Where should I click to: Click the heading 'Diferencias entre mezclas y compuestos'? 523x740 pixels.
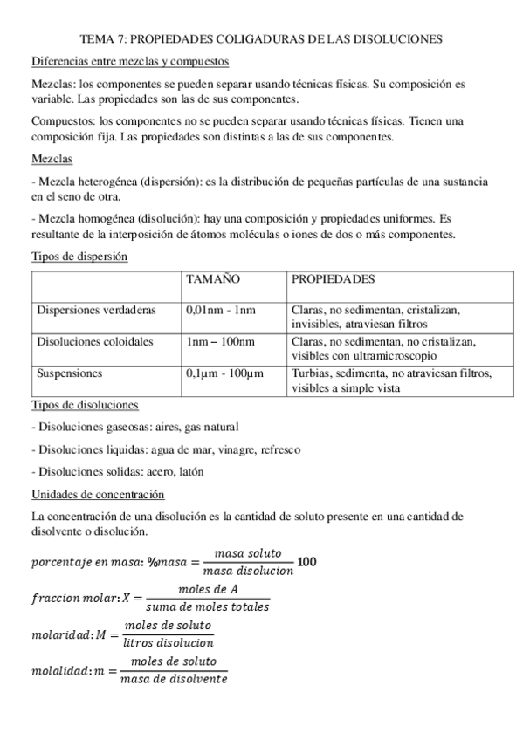pyautogui.click(x=129, y=62)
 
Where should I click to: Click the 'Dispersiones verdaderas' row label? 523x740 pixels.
pyautogui.click(x=96, y=310)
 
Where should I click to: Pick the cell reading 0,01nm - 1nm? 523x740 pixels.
pyautogui.click(x=221, y=310)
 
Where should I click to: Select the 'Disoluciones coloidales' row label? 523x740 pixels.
pyautogui.click(x=94, y=341)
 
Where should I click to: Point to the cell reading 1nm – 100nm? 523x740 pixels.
pyautogui.click(x=221, y=341)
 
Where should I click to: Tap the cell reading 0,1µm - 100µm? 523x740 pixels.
pyautogui.click(x=224, y=373)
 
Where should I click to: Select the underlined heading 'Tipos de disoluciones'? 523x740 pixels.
pyautogui.click(x=84, y=405)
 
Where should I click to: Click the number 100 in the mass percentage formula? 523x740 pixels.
pyautogui.click(x=306, y=561)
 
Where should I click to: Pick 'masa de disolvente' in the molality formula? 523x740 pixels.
pyautogui.click(x=175, y=678)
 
